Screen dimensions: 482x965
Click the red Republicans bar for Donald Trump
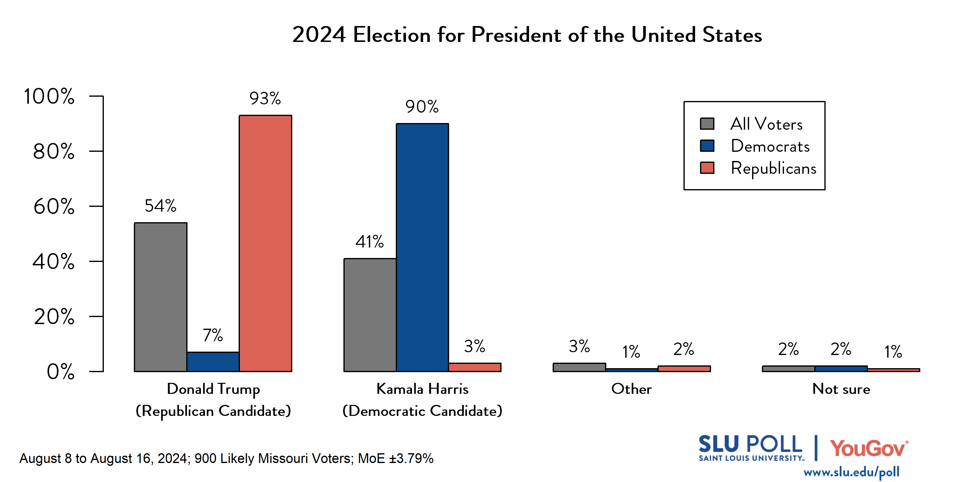pos(265,243)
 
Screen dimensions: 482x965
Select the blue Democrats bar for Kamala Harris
pos(422,247)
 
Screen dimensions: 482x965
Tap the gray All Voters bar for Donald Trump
pos(160,297)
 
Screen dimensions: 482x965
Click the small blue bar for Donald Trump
pos(213,361)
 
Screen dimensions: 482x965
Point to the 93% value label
pos(265,99)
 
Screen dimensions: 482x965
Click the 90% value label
pos(422,107)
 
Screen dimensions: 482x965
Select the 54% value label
pos(160,206)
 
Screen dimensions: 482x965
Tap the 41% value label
pos(369,242)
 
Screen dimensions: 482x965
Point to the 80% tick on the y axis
pos(54,151)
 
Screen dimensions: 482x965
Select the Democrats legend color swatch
pos(707,146)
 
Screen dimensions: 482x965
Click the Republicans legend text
pos(773,168)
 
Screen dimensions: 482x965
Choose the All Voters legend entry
pos(766,124)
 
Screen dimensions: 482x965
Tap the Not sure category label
pos(841,389)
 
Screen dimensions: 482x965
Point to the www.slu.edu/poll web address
pos(851,472)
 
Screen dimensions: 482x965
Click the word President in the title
pos(517,35)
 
